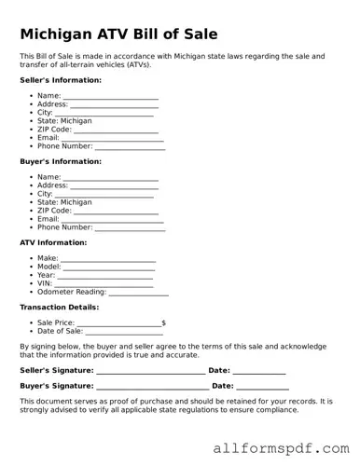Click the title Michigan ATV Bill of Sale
pyautogui.click(x=118, y=34)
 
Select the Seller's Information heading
pyautogui.click(x=61, y=80)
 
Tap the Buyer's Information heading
pyautogui.click(x=61, y=161)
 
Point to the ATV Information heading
pyautogui.click(x=53, y=242)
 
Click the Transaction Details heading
pyautogui.click(x=59, y=307)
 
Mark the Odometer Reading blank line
pyautogui.click(x=139, y=293)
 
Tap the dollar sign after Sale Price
pyautogui.click(x=164, y=323)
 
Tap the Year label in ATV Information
pyautogui.click(x=46, y=276)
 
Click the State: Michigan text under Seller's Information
pyautogui.click(x=64, y=121)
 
